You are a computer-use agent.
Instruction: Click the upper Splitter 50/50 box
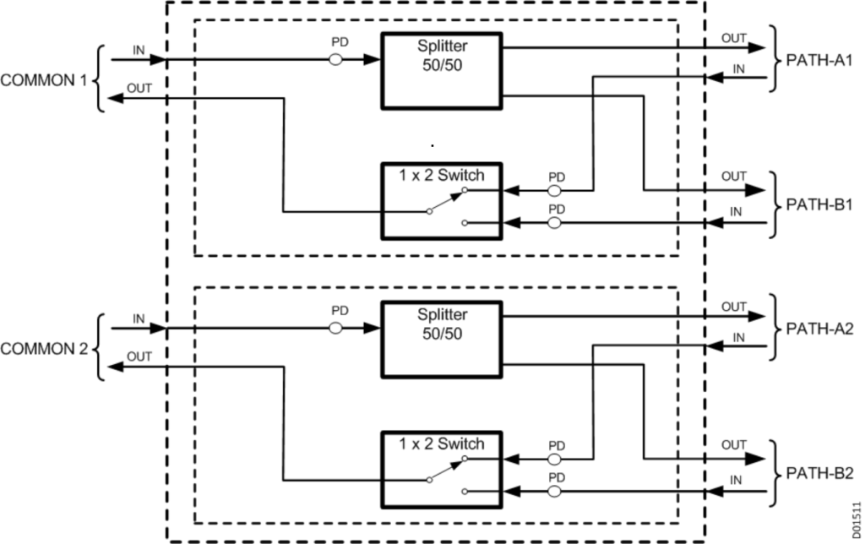point(441,70)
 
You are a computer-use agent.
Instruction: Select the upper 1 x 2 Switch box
point(441,200)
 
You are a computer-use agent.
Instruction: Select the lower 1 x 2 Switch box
point(441,468)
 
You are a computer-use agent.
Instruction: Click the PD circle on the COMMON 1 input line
point(335,60)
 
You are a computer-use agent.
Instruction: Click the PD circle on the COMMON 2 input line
point(335,328)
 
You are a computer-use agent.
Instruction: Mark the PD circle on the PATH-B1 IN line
point(555,223)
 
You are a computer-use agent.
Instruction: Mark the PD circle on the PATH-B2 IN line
point(555,491)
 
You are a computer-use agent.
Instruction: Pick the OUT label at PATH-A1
point(733,38)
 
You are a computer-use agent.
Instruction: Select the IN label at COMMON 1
point(139,51)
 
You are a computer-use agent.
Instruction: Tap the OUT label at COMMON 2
point(139,356)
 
